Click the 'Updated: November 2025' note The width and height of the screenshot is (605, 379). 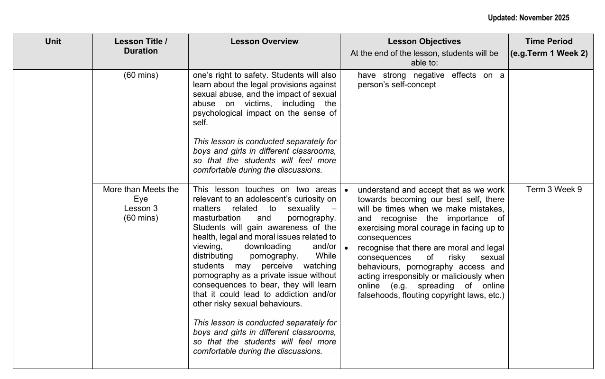(528, 18)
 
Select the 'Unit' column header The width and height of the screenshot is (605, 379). (53, 42)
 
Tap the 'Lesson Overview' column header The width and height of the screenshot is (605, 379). (265, 42)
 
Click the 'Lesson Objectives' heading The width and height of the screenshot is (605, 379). (424, 42)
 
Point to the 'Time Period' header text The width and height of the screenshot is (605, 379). (549, 42)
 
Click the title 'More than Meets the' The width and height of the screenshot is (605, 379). (141, 190)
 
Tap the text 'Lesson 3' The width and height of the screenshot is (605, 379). (141, 208)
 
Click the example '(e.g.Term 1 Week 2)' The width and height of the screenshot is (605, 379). (549, 53)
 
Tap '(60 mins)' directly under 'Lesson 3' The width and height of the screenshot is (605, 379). (141, 218)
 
